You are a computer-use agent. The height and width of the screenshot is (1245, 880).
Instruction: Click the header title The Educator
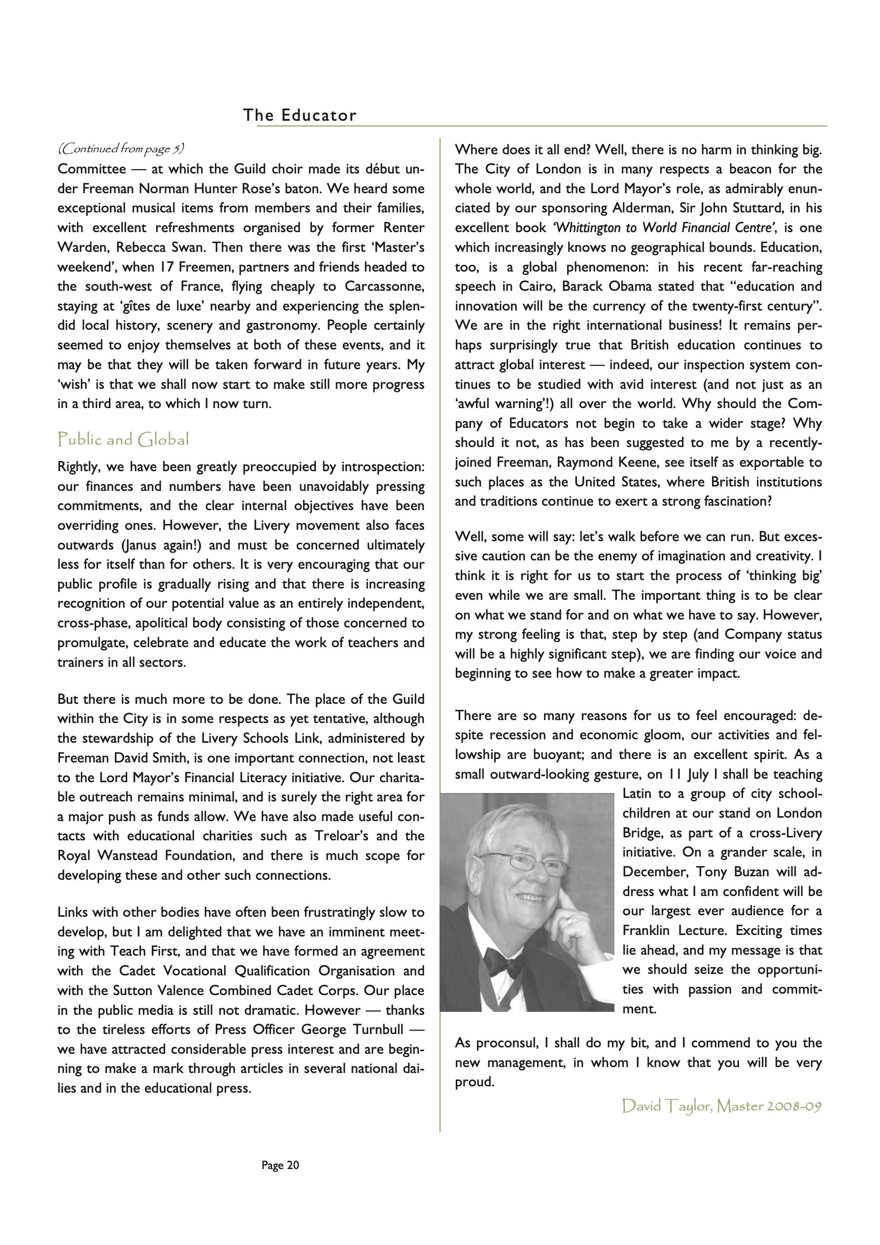pos(300,115)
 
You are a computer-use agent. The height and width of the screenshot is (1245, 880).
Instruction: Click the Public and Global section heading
pos(123,439)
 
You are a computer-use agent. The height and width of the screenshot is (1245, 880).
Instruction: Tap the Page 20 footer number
pos(280,1165)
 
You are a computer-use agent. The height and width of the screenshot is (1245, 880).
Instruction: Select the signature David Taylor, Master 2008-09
pos(722,1106)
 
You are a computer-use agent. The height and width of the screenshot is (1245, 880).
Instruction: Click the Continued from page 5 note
pos(121,148)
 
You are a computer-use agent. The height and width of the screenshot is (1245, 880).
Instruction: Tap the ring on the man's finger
pos(568,921)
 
